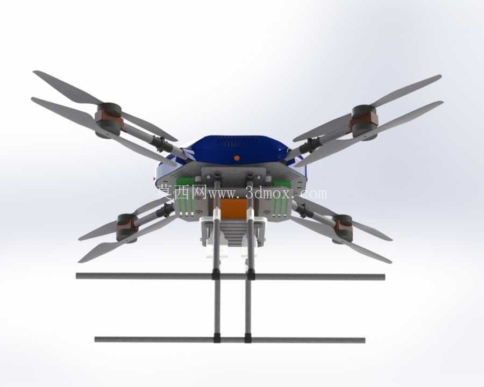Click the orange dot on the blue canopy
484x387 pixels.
pos(237,158)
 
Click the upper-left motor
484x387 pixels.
pos(108,120)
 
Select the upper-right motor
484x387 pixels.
pos(365,122)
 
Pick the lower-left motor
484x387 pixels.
pos(127,228)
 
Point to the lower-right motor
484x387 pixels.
pos(342,228)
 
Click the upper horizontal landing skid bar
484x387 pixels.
pos(231,276)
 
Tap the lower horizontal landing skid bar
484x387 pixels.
pos(230,340)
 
